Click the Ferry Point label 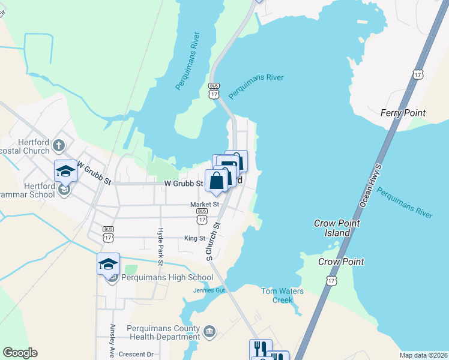pyautogui.click(x=403, y=113)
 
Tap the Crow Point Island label pyautogui.click(x=337, y=227)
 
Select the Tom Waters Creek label pyautogui.click(x=282, y=295)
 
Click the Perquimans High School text pyautogui.click(x=167, y=277)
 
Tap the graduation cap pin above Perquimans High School pyautogui.click(x=109, y=264)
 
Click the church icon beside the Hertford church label pyautogui.click(x=59, y=145)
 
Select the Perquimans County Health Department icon pyautogui.click(x=209, y=331)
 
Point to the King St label pyautogui.click(x=194, y=238)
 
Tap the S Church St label pyautogui.click(x=210, y=242)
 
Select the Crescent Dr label pyautogui.click(x=136, y=354)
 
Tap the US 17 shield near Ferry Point pyautogui.click(x=418, y=74)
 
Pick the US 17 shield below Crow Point pyautogui.click(x=331, y=281)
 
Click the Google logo pyautogui.click(x=20, y=353)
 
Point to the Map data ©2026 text pyautogui.click(x=423, y=355)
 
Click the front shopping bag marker pyautogui.click(x=216, y=181)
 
